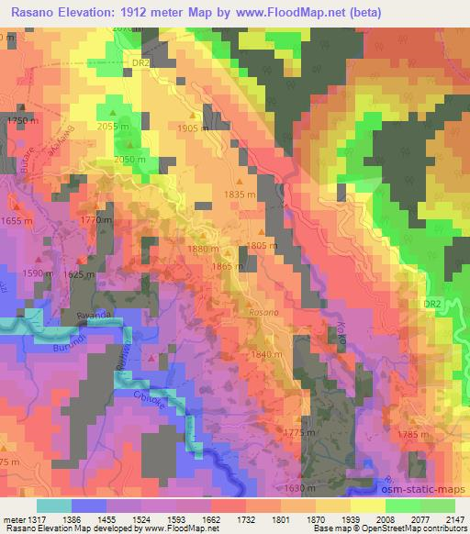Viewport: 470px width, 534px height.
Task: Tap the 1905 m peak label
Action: (192, 128)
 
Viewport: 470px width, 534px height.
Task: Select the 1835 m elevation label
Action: (241, 195)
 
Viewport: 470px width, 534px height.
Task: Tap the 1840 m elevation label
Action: (266, 354)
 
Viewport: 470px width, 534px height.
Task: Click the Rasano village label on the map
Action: (262, 312)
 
